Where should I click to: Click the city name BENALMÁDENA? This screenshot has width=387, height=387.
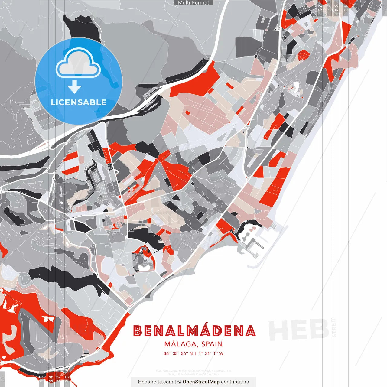(x=194, y=331)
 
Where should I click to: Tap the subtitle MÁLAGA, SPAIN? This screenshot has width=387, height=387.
(x=193, y=344)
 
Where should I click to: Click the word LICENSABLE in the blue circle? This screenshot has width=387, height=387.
(x=79, y=102)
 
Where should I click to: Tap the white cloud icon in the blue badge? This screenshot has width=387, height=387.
(x=78, y=64)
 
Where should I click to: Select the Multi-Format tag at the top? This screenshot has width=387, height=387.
(x=193, y=3)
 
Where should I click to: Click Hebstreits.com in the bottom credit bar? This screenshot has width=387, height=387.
(x=155, y=382)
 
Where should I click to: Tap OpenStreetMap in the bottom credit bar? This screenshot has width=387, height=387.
(x=201, y=382)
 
